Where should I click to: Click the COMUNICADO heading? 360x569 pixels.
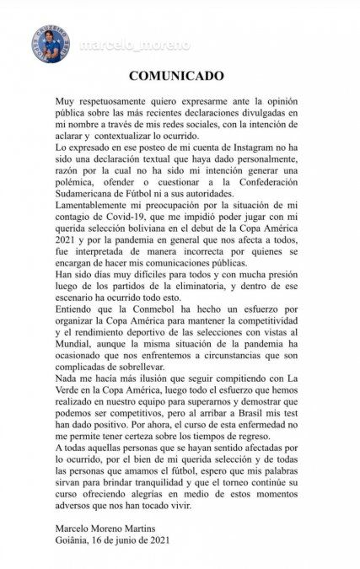pos(180,74)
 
